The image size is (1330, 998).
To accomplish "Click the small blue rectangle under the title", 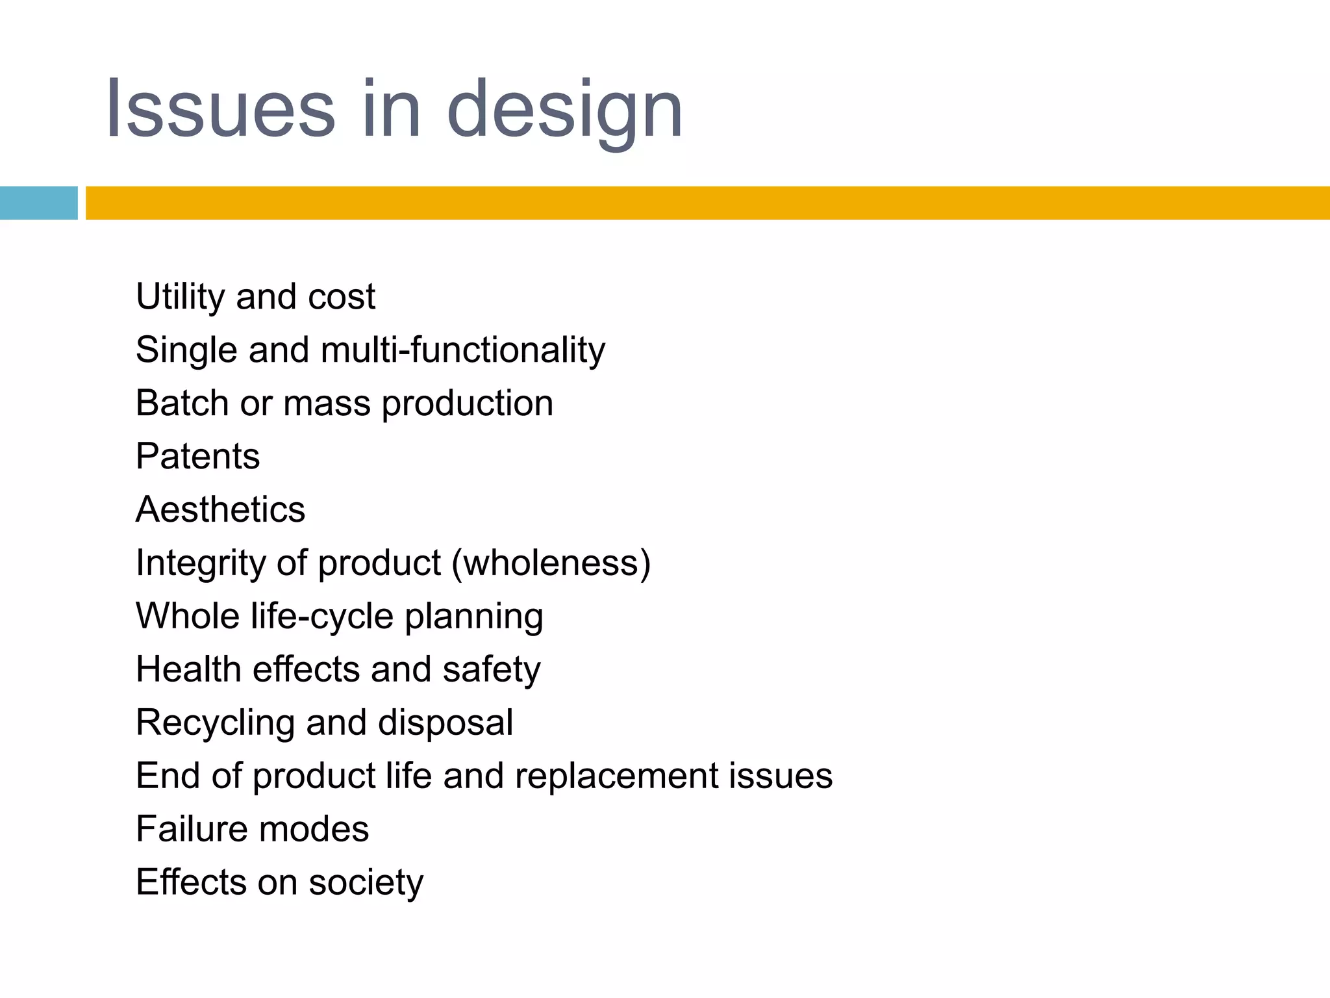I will click(x=38, y=203).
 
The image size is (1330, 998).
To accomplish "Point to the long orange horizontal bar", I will click(x=707, y=203).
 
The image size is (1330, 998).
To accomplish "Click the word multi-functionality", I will click(x=462, y=350).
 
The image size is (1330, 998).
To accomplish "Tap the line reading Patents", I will click(x=197, y=456).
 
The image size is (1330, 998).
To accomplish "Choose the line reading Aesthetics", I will click(x=220, y=509).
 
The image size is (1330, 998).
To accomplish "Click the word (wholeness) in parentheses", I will click(x=551, y=563).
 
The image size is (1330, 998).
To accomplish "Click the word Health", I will click(x=188, y=669).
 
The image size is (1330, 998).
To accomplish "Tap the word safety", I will click(x=491, y=671).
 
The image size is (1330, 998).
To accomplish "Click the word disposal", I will click(x=445, y=724).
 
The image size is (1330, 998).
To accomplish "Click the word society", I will click(x=366, y=884).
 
